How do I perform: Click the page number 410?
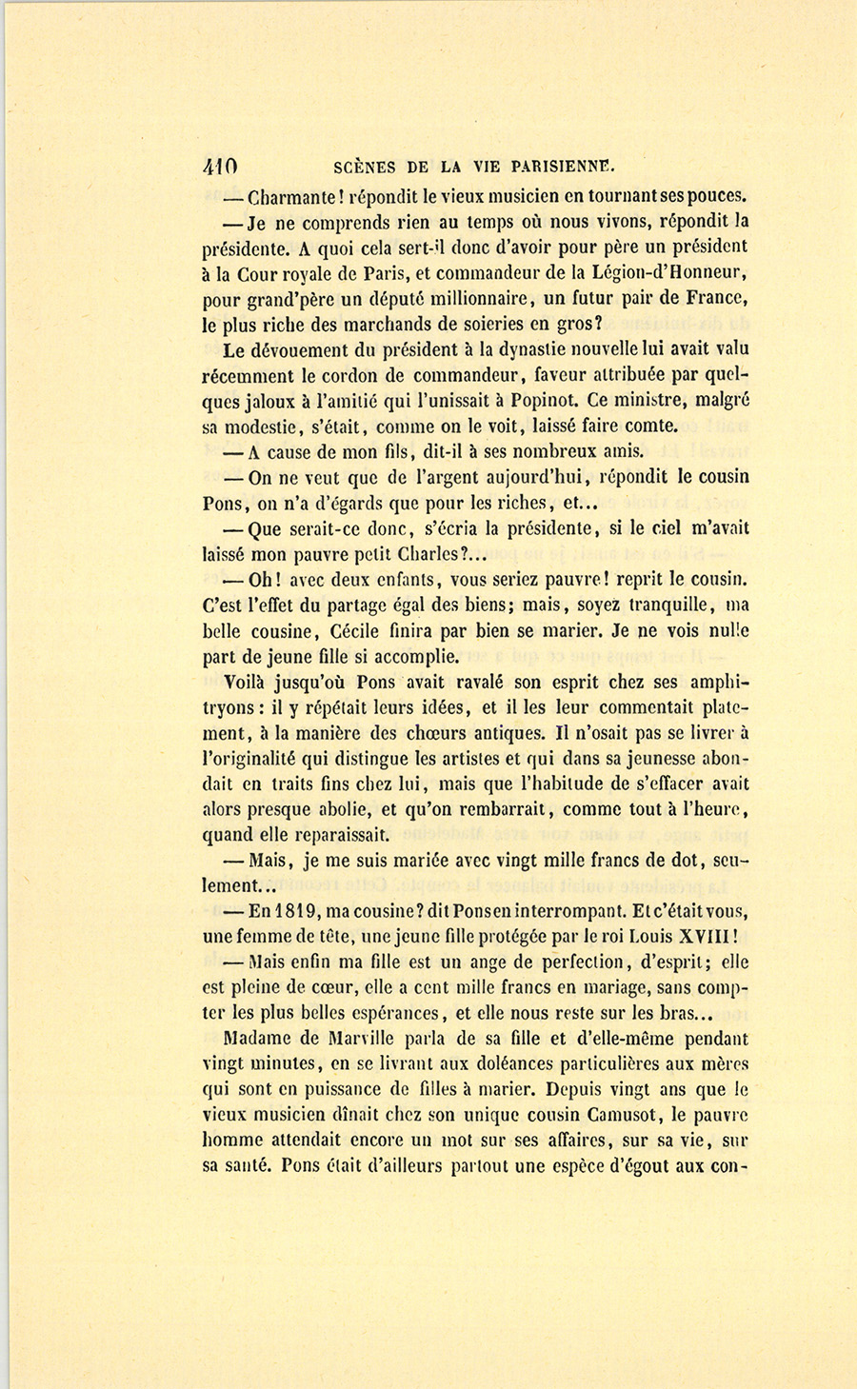(x=220, y=165)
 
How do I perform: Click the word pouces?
(x=715, y=198)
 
